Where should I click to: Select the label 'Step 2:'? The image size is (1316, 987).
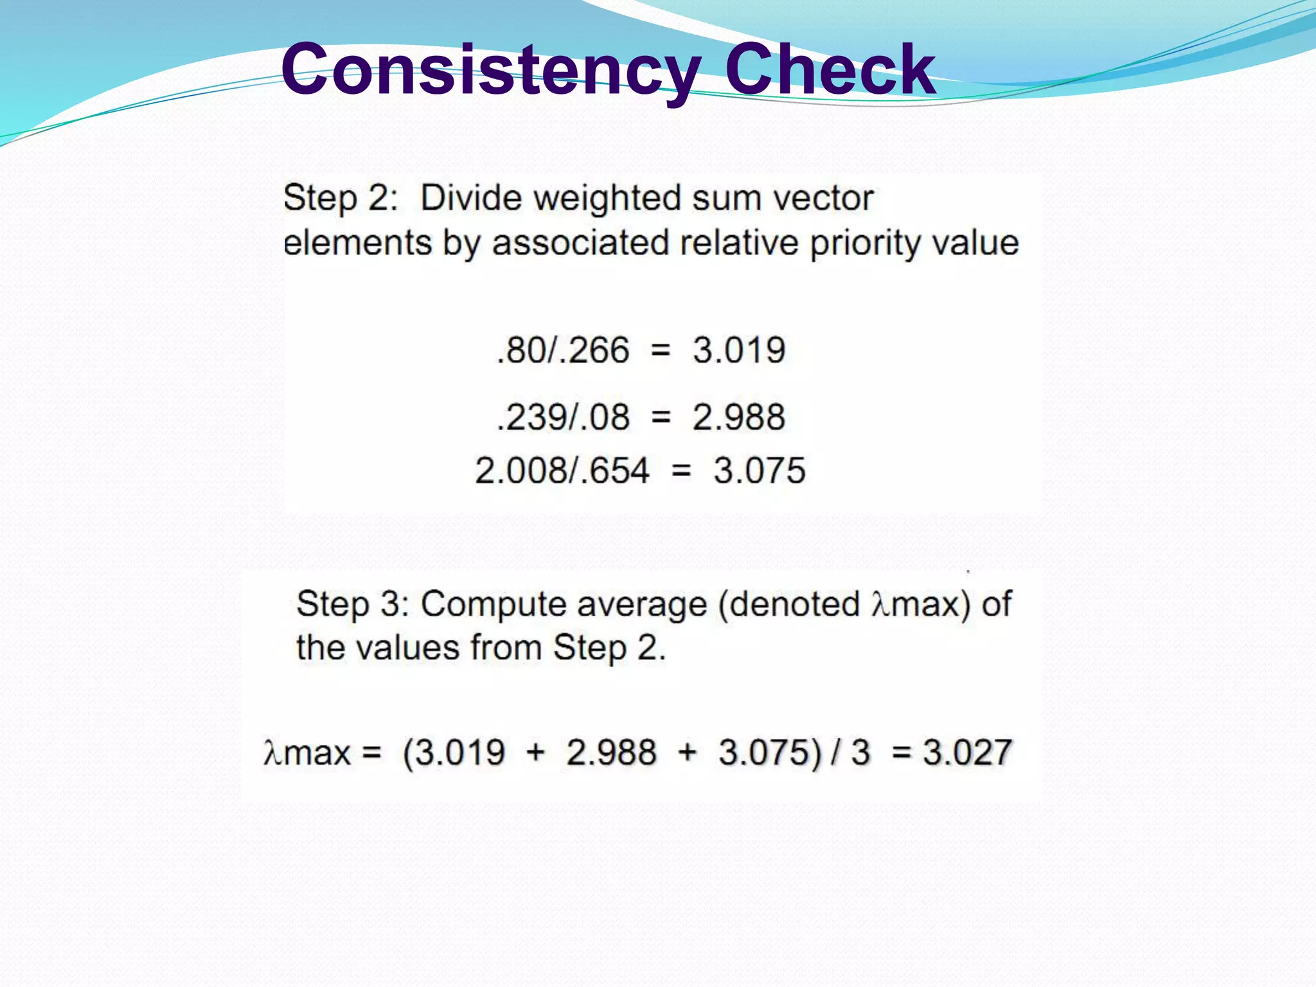point(341,198)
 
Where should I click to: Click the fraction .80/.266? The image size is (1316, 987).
point(563,351)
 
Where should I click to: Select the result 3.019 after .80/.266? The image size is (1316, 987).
point(739,351)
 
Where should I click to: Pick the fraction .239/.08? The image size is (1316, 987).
point(563,417)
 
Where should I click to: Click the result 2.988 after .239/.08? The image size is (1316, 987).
point(739,417)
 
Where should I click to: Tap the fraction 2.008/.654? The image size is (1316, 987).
point(562,470)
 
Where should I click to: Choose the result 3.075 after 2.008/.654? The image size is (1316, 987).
point(760,470)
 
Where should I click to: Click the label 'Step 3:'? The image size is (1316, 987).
point(353,605)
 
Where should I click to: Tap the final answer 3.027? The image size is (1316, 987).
point(968,752)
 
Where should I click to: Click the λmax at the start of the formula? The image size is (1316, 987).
point(307,753)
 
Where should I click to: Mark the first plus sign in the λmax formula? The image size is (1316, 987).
point(535,753)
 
